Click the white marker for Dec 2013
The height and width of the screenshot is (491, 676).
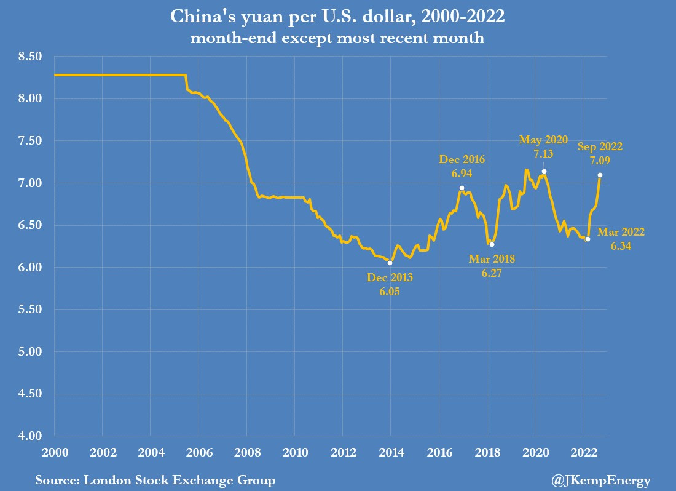[390, 263]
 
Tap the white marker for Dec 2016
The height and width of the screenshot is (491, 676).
[462, 188]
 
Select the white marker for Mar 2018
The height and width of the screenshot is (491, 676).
[492, 244]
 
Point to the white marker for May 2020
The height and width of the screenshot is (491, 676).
[544, 171]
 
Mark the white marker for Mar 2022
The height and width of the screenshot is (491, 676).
[588, 239]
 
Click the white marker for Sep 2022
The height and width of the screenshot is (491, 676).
[600, 175]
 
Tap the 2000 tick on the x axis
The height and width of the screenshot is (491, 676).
[55, 453]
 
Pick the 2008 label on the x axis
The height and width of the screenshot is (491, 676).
[246, 453]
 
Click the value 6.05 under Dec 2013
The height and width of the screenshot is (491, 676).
[390, 291]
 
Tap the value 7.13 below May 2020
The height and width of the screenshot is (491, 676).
[543, 153]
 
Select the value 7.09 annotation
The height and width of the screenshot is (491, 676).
[600, 159]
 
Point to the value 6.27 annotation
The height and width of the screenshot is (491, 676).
[492, 273]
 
